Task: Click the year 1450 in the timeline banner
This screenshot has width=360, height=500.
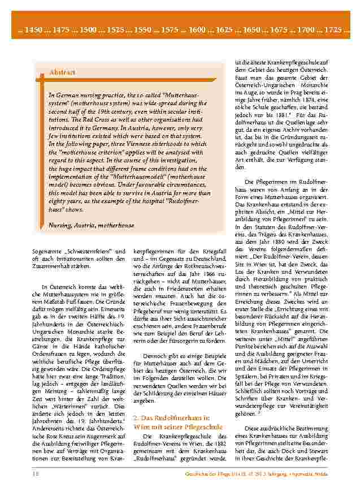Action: pos(29,28)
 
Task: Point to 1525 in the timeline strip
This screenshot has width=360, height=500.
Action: pos(113,28)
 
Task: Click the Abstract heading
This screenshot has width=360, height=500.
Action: pos(62,73)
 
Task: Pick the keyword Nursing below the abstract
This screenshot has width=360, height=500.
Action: pos(61,225)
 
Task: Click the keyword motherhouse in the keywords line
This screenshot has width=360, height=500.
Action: pos(116,225)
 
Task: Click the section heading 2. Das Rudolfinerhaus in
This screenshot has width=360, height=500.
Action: pos(171,417)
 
